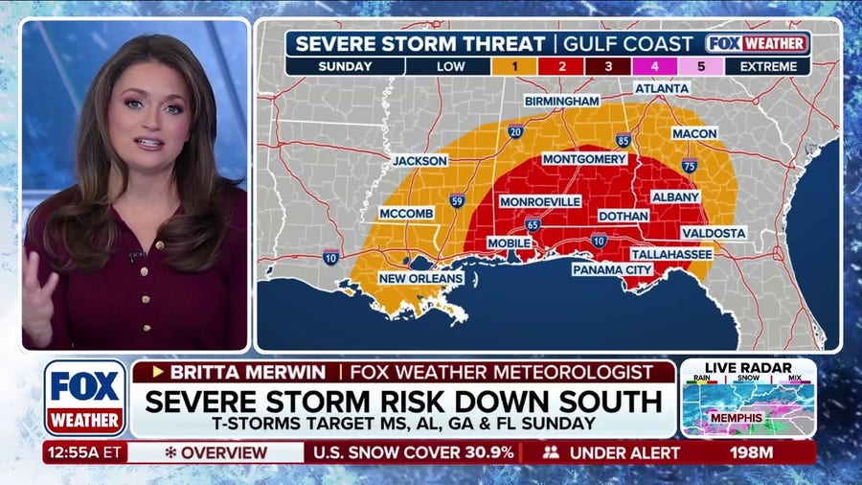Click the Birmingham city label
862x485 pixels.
point(562,101)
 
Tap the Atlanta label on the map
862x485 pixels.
point(661,88)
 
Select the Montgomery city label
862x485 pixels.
point(585,159)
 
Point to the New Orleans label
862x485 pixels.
point(421,279)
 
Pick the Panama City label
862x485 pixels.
point(613,270)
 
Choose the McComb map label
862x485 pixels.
point(406,213)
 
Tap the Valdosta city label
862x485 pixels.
point(714,233)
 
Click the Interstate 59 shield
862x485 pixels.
point(457,201)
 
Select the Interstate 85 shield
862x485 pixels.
point(624,140)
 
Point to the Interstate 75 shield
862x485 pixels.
point(689,166)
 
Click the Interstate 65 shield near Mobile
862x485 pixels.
point(533,225)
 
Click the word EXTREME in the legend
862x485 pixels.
point(767,66)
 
